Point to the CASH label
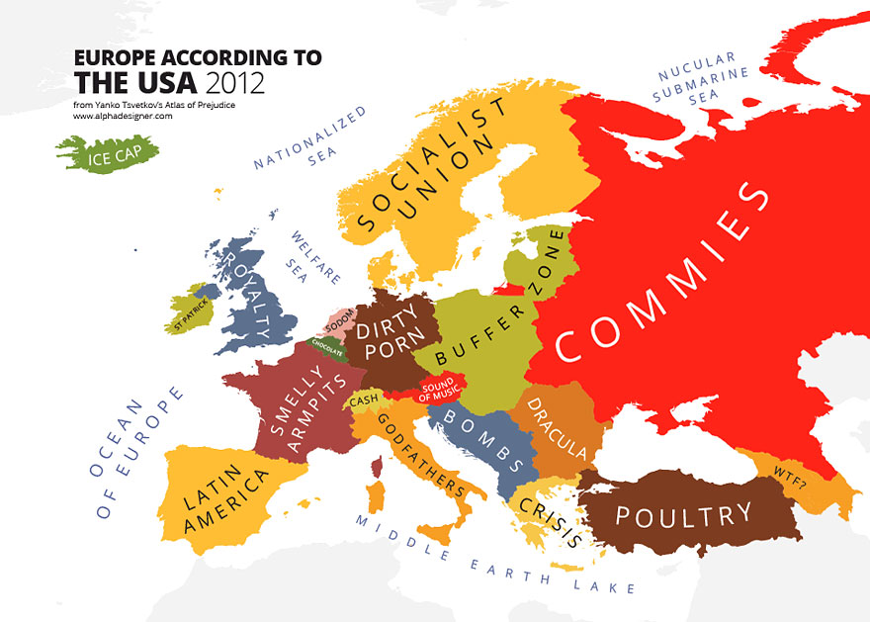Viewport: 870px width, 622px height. coord(364,400)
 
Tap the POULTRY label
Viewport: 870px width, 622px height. coord(683,515)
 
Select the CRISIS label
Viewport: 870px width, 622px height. coord(547,514)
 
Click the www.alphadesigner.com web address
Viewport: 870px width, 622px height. coord(123,116)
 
